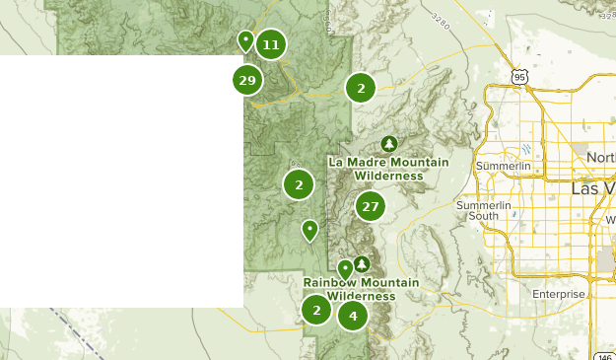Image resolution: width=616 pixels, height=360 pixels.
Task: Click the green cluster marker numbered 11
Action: point(271,44)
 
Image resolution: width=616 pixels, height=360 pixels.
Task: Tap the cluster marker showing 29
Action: point(247,80)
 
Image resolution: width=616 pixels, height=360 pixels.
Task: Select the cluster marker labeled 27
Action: point(370,206)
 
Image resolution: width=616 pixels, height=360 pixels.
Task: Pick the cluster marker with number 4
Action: point(352,316)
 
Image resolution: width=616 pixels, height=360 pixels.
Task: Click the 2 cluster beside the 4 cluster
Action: point(316,310)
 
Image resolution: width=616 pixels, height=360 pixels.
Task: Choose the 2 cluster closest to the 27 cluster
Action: point(299,183)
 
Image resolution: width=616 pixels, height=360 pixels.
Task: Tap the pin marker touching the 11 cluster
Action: point(245,40)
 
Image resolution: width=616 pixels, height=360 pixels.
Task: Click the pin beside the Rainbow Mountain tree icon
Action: point(345,268)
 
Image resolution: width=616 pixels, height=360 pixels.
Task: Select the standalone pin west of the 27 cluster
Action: point(309,230)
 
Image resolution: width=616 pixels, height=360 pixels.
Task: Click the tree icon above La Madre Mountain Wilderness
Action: point(389,144)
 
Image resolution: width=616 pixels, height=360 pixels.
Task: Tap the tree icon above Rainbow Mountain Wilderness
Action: point(362,263)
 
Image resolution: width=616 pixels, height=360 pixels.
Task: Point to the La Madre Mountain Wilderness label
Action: point(388,169)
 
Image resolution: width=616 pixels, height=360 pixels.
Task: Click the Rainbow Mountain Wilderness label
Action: point(361,289)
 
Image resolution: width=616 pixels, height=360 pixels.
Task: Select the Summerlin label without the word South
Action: point(503,167)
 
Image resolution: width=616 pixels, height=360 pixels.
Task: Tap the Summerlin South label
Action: point(484,210)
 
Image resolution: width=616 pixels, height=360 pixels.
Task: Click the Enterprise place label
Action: point(558,294)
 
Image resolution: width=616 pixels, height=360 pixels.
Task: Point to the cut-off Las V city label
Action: point(593,187)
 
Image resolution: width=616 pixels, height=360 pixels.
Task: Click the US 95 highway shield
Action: point(520,76)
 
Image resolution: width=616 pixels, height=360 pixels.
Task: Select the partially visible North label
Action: point(600,158)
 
